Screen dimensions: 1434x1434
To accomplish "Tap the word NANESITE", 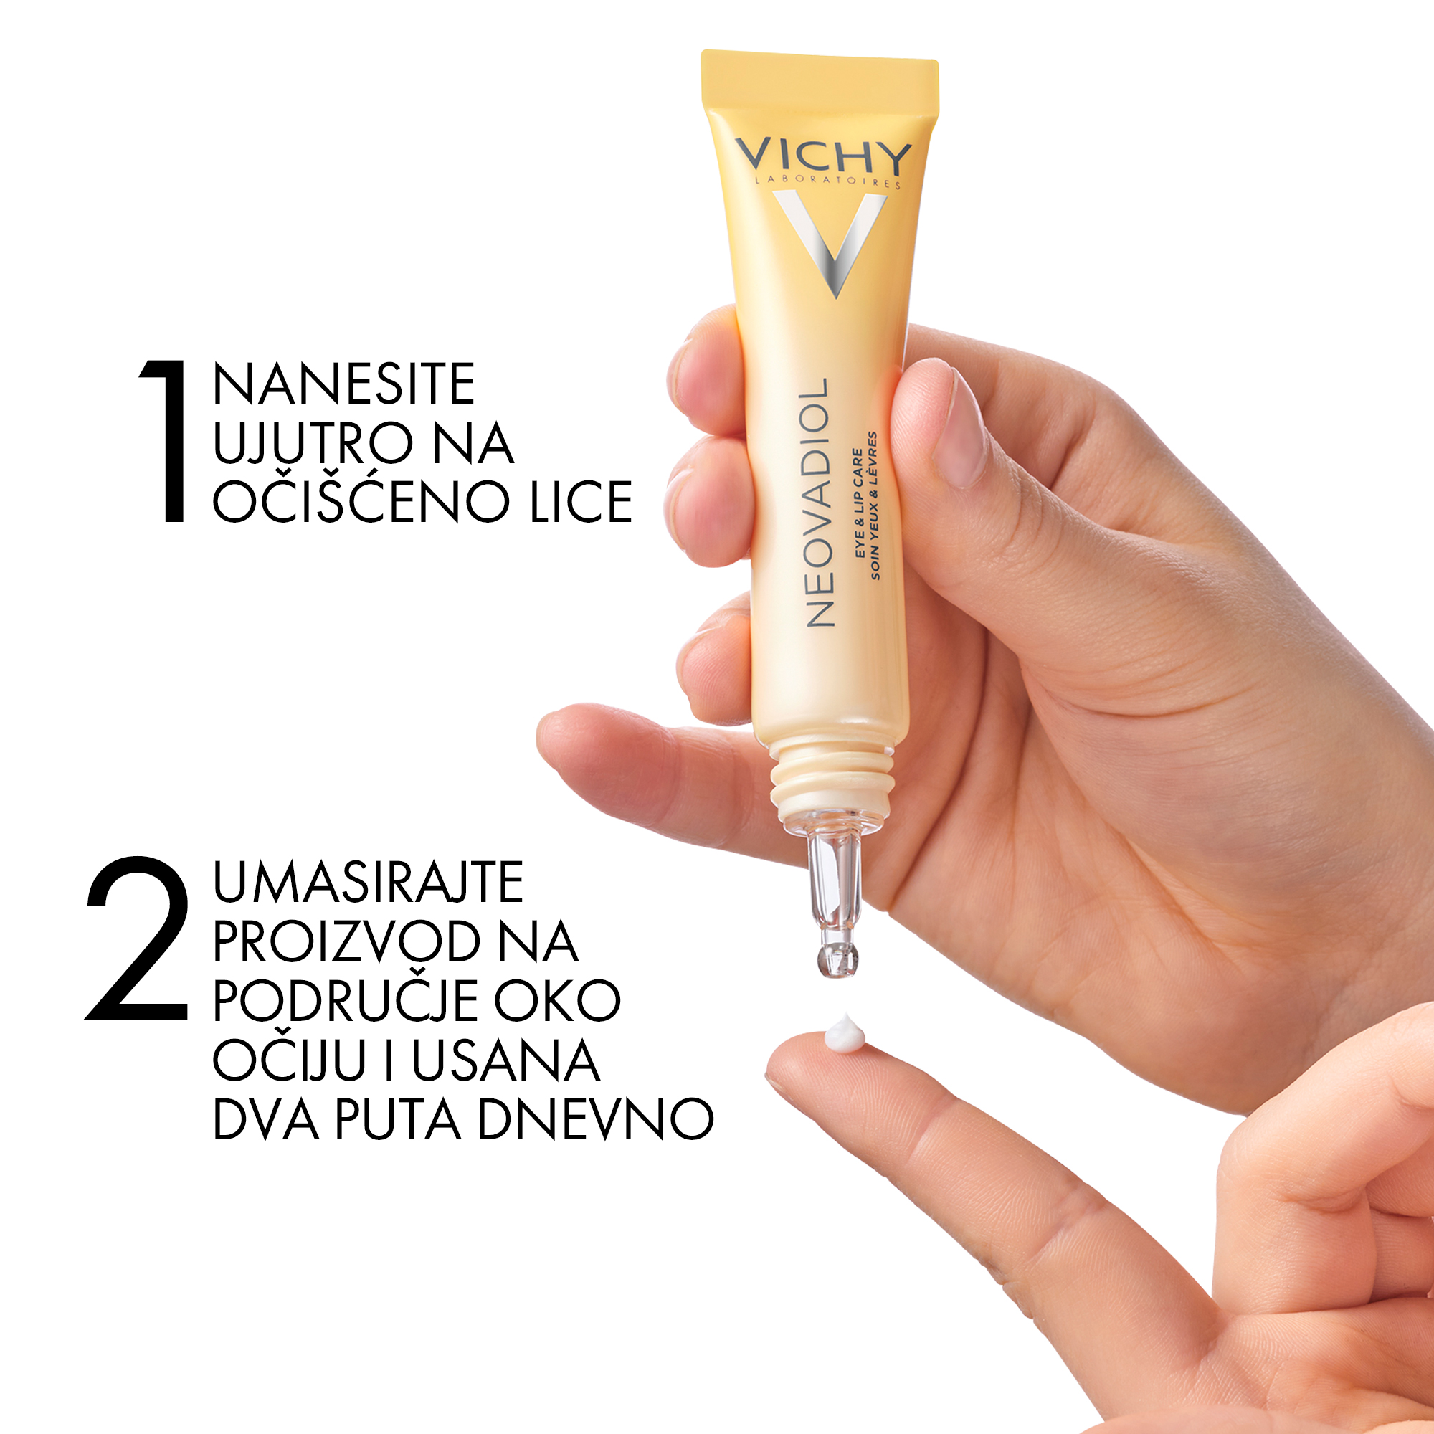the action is pos(343,384).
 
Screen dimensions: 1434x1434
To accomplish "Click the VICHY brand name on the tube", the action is pos(823,156).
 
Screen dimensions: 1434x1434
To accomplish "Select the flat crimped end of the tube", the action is pos(820,80).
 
